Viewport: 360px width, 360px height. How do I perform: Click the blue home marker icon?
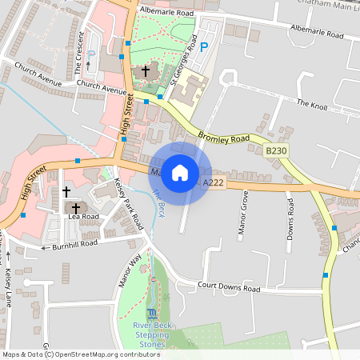coord(180,173)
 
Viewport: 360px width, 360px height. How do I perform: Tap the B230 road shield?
coord(276,151)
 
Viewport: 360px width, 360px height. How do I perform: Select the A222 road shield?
coord(213,183)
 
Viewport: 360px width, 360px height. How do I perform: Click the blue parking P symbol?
coord(203,47)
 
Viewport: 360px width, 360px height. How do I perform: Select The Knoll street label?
coord(313,103)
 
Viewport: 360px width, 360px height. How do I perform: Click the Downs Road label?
coord(290,218)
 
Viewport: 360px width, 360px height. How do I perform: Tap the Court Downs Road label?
coord(229,288)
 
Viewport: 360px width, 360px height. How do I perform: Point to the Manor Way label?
coord(130,270)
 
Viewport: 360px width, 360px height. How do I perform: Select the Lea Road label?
coord(83,217)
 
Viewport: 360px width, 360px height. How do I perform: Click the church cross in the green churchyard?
coord(146,71)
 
